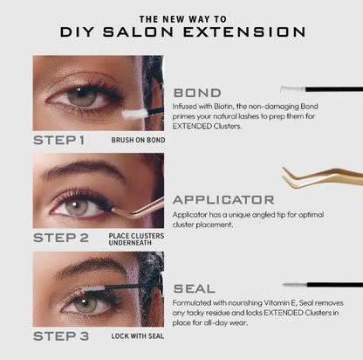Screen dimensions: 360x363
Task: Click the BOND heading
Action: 197,92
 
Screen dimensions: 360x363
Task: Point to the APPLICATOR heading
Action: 224,199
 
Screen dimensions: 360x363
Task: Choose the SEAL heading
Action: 195,287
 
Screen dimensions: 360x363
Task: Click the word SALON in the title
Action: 161,33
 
